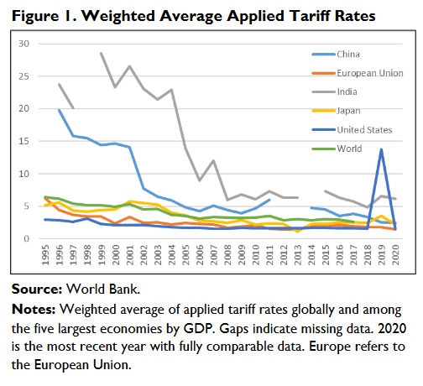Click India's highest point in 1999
tap(102, 53)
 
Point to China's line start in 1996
tap(60, 109)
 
